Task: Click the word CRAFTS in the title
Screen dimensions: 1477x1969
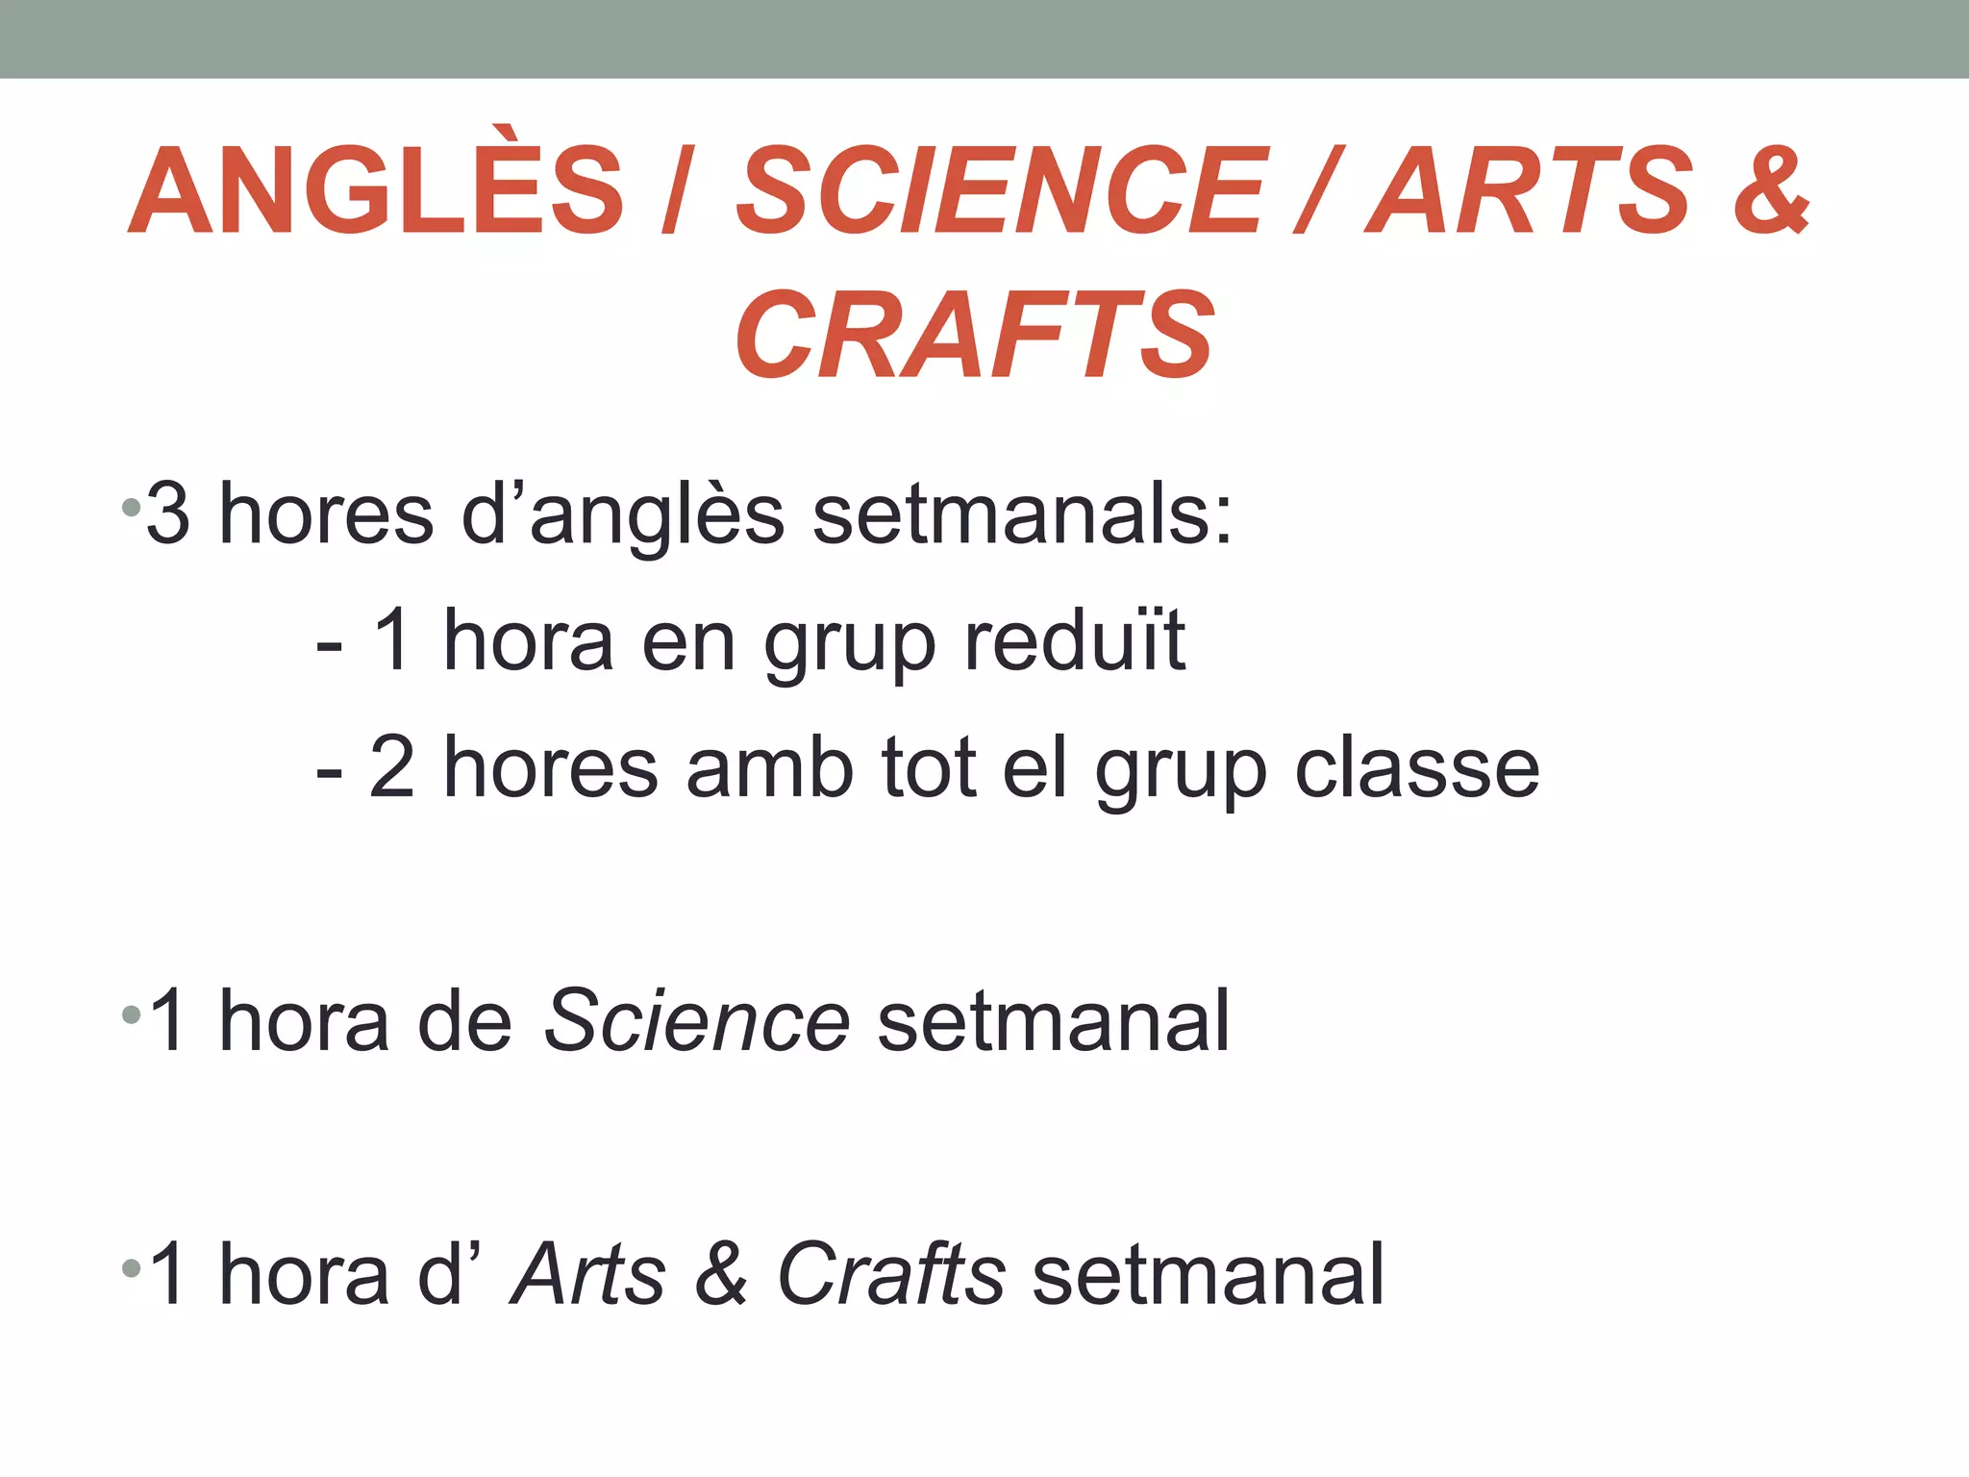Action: [x=974, y=335]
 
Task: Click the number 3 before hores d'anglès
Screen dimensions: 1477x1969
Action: [x=168, y=514]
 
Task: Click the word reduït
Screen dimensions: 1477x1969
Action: [x=1075, y=640]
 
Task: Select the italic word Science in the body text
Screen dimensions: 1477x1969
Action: [x=697, y=1020]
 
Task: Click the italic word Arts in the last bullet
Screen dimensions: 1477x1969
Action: [x=588, y=1273]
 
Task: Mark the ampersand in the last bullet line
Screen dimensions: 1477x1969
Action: [x=721, y=1273]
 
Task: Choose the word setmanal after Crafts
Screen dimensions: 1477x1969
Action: [x=1209, y=1273]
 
